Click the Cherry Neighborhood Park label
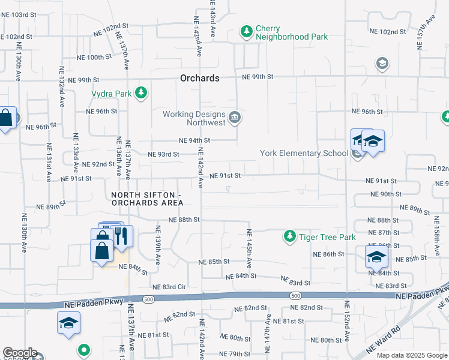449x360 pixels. (x=291, y=32)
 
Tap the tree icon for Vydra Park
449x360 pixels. (x=141, y=93)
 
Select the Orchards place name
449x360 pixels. (x=200, y=78)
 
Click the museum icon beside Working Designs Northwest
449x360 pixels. (x=235, y=118)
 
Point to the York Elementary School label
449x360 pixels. (x=304, y=153)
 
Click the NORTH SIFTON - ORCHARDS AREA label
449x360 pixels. (x=146, y=200)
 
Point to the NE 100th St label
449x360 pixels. (x=91, y=58)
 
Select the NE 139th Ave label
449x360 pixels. (x=158, y=245)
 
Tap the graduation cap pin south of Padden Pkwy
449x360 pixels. (x=69, y=323)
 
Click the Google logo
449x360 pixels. (x=19, y=353)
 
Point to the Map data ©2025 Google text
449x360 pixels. (x=411, y=355)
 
